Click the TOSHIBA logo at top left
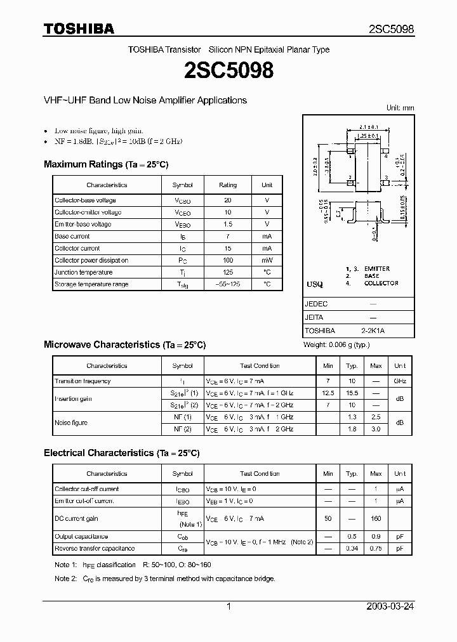coord(79,29)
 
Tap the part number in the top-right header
coord(392,29)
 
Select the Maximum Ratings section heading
coord(106,164)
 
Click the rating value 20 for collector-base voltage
coord(228,200)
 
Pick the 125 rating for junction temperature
coord(228,272)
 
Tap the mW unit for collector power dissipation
coord(267,260)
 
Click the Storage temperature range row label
coord(91,284)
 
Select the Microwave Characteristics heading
coord(124,344)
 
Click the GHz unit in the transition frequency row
coord(400,381)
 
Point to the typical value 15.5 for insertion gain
coord(352,393)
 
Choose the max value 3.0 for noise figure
coord(376,429)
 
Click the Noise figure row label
coord(71,423)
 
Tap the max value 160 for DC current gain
coord(376,519)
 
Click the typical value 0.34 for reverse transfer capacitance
coord(352,548)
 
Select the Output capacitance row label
coord(81,537)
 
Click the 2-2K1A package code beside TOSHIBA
coord(373,331)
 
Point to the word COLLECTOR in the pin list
coord(381,283)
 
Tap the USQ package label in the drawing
coord(315,285)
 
